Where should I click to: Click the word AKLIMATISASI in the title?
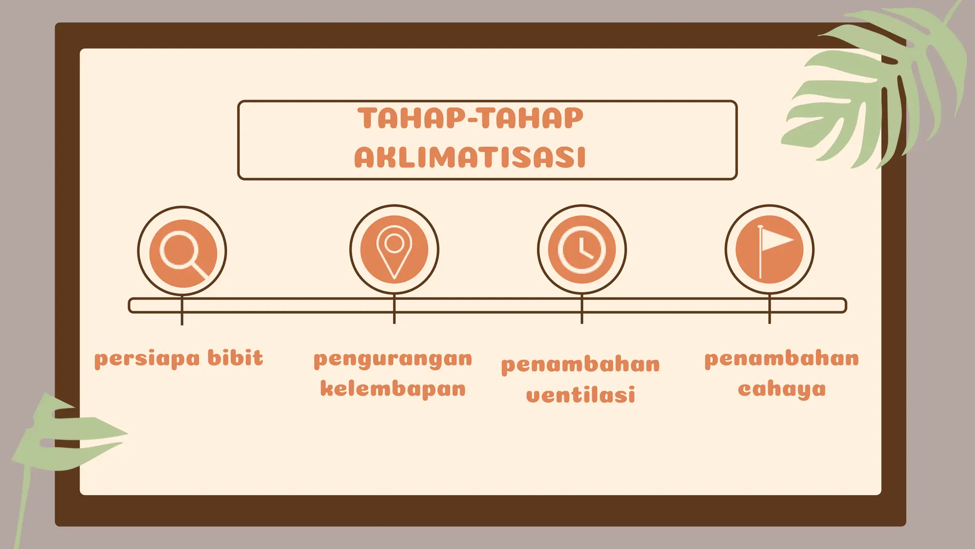click(470, 158)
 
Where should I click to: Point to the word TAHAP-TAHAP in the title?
click(470, 118)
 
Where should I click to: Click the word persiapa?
click(147, 359)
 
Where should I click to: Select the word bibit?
click(235, 358)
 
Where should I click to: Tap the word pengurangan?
click(393, 359)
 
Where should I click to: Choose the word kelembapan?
click(393, 389)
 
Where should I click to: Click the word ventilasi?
click(580, 395)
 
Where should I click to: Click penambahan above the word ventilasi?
click(580, 365)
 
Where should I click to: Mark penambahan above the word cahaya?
click(782, 359)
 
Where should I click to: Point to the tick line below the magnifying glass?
click(182, 318)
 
